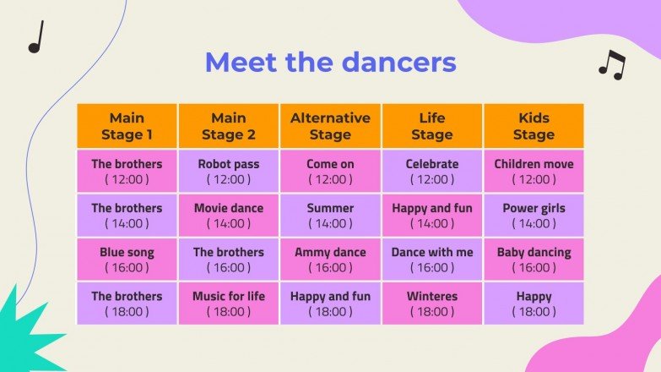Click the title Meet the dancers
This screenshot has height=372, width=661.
click(x=330, y=63)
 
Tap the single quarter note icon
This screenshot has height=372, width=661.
click(x=35, y=38)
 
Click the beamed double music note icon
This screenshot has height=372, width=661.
click(x=612, y=65)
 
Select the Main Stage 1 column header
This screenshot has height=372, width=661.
click(x=127, y=126)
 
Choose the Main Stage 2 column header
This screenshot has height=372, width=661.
click(x=229, y=126)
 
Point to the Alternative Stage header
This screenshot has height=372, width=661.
click(x=330, y=126)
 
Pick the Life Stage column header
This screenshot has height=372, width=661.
click(x=432, y=126)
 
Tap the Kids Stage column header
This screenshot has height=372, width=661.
click(x=534, y=126)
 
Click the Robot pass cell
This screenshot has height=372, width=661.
click(x=229, y=171)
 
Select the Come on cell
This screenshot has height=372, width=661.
click(x=330, y=171)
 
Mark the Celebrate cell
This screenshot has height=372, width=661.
click(x=432, y=171)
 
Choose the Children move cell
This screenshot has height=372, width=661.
click(x=534, y=171)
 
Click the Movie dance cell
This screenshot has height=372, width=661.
click(x=229, y=215)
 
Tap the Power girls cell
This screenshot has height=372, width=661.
click(x=534, y=215)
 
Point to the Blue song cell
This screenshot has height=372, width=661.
click(x=127, y=259)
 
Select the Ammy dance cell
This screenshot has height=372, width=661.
click(x=330, y=259)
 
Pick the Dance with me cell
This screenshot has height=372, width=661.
click(x=432, y=259)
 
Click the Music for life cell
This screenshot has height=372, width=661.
click(x=229, y=303)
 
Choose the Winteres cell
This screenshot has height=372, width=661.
click(x=432, y=303)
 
